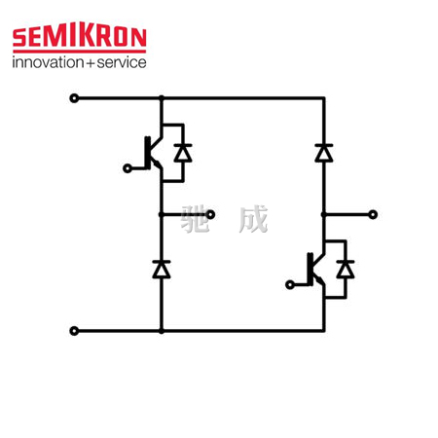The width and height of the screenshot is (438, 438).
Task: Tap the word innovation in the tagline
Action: [x=48, y=62]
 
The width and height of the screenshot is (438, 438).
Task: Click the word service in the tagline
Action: [x=122, y=62]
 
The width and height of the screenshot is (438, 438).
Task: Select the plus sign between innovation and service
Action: [x=91, y=63]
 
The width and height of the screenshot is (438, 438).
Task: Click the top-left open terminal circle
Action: [x=74, y=98]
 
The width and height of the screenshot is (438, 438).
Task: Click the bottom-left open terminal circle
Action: [x=74, y=331]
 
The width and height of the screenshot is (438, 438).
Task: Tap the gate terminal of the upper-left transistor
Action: [x=128, y=168]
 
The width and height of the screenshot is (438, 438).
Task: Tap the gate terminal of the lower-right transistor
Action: [x=290, y=285]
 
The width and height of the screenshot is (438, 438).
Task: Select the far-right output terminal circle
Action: [x=373, y=214]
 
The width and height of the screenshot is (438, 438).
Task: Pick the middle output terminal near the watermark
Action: [x=210, y=214]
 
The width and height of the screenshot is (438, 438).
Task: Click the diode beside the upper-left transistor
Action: [x=183, y=153]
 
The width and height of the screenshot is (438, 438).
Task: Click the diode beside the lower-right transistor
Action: [x=346, y=270]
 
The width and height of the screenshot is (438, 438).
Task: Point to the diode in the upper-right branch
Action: [x=324, y=153]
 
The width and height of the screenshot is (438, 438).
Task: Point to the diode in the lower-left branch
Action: [x=162, y=270]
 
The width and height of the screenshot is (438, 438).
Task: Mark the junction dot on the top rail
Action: [x=162, y=98]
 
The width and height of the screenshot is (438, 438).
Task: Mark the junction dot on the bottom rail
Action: [x=162, y=331]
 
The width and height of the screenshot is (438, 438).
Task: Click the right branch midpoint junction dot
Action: [x=324, y=214]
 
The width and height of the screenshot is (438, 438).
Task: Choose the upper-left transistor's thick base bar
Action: [x=148, y=153]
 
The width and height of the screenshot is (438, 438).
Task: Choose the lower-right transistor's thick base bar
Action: [x=310, y=270]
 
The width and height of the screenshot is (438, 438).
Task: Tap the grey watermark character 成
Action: [x=253, y=219]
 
